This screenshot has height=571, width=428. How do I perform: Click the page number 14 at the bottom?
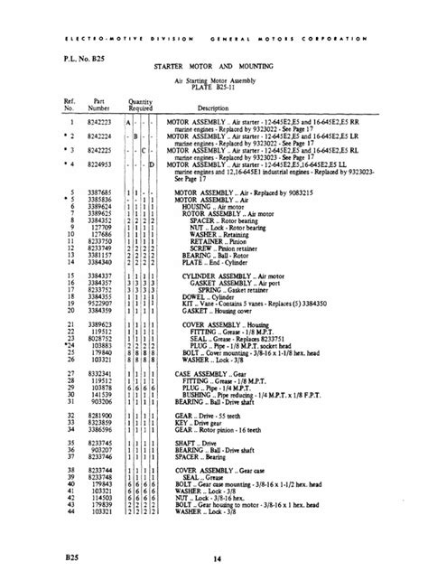[215, 540]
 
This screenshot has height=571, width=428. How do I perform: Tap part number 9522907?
[99, 303]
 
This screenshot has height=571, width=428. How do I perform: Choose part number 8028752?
[99, 335]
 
